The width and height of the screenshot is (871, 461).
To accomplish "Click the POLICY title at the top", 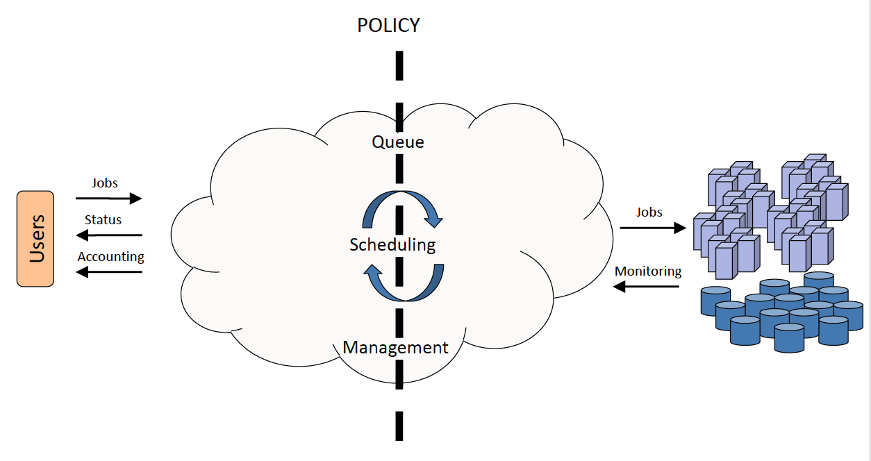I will pyautogui.click(x=388, y=26).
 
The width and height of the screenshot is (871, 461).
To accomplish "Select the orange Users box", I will pyautogui.click(x=35, y=239).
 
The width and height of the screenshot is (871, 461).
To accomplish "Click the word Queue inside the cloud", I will pyautogui.click(x=398, y=142).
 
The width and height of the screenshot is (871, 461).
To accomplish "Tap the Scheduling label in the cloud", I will pyautogui.click(x=392, y=244).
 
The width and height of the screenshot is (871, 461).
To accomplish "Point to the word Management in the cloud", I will pyautogui.click(x=396, y=347).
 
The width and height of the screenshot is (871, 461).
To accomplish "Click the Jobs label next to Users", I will pyautogui.click(x=105, y=183).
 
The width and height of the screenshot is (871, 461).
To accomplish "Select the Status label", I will pyautogui.click(x=103, y=220).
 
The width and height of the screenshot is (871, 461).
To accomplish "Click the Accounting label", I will pyautogui.click(x=110, y=257).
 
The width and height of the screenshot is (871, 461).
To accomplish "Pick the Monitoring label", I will pyautogui.click(x=648, y=271).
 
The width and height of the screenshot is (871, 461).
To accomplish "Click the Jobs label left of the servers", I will pyautogui.click(x=649, y=212).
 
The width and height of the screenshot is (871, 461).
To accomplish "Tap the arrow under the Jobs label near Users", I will pyautogui.click(x=108, y=199).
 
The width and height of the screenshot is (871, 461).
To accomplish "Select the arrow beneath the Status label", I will pyautogui.click(x=108, y=235).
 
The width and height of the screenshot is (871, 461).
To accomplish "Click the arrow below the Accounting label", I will pyautogui.click(x=108, y=272).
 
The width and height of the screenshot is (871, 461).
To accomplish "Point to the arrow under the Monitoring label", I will pyautogui.click(x=647, y=287).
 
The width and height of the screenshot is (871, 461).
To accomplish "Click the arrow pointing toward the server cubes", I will pyautogui.click(x=652, y=228).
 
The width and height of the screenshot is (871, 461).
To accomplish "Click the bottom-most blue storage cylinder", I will pyautogui.click(x=789, y=337).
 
